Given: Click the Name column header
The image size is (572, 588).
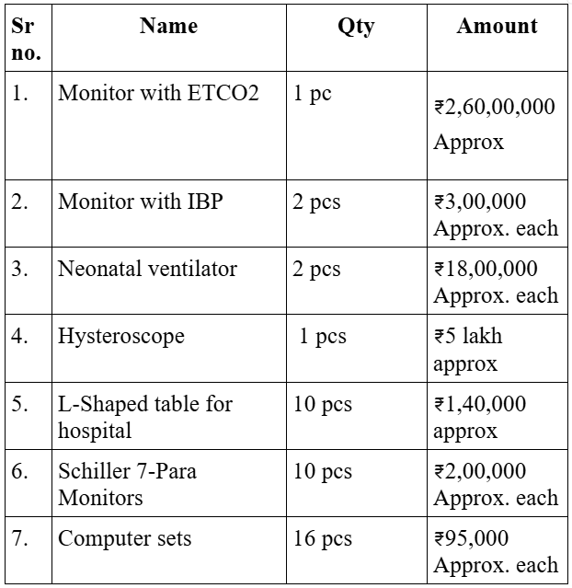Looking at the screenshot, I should click(x=168, y=26).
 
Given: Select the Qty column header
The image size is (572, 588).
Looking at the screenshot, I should click(x=355, y=26).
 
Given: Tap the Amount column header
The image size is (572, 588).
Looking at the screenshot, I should click(x=497, y=26).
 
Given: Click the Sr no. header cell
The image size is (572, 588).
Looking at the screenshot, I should click(x=27, y=39).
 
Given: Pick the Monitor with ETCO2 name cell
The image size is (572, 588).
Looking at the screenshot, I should click(x=158, y=94).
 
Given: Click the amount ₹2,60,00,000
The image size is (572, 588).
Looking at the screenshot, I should click(x=495, y=107).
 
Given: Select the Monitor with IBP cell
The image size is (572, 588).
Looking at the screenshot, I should click(x=141, y=202).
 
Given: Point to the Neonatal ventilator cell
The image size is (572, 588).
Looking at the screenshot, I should click(x=147, y=270).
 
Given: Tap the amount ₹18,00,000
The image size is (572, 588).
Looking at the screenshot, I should click(x=486, y=270).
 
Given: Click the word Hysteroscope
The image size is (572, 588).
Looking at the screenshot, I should click(x=121, y=337).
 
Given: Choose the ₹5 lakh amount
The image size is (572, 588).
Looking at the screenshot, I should click(x=469, y=337).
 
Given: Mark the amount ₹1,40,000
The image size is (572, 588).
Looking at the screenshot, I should click(x=480, y=404).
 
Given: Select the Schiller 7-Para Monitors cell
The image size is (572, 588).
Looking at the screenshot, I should click(x=127, y=484).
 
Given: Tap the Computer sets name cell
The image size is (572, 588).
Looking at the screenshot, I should click(x=125, y=538).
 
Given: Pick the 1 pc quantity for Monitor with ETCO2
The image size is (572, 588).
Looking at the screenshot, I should click(x=313, y=94).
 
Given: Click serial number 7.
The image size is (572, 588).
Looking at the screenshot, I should click(x=20, y=538).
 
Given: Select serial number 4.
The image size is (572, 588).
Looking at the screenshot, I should click(x=20, y=337).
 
